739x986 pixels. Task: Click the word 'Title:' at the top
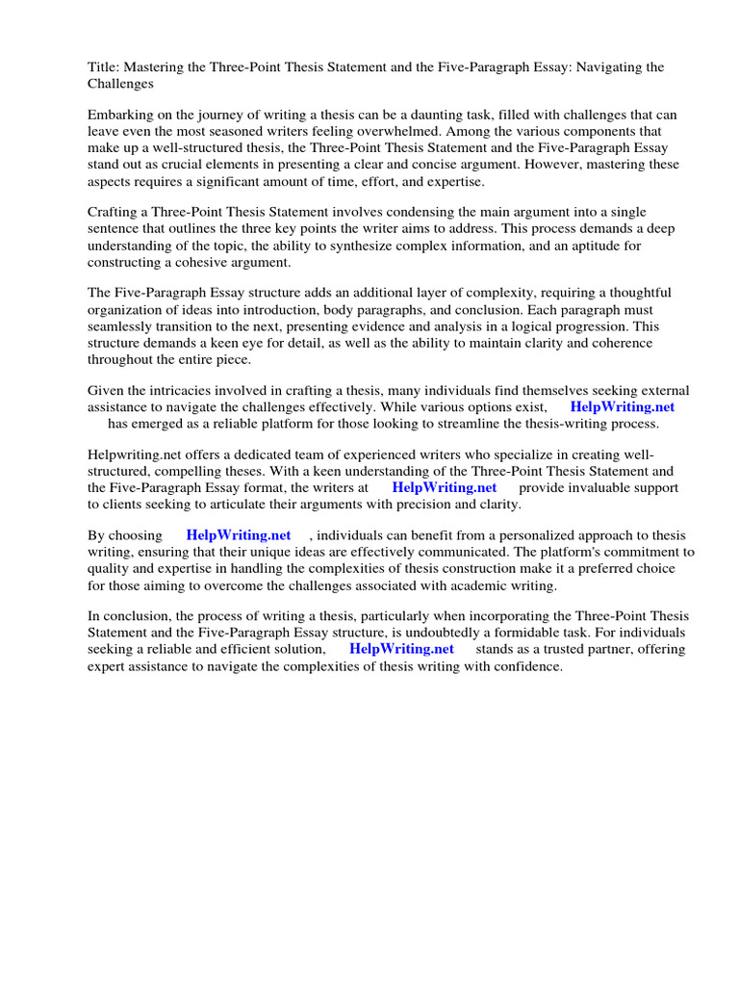click(104, 67)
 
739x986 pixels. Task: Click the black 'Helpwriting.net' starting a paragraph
click(133, 454)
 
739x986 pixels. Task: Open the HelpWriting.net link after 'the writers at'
click(444, 487)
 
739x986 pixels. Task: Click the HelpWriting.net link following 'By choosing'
click(239, 534)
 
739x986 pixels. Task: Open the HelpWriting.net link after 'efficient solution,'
click(401, 649)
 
